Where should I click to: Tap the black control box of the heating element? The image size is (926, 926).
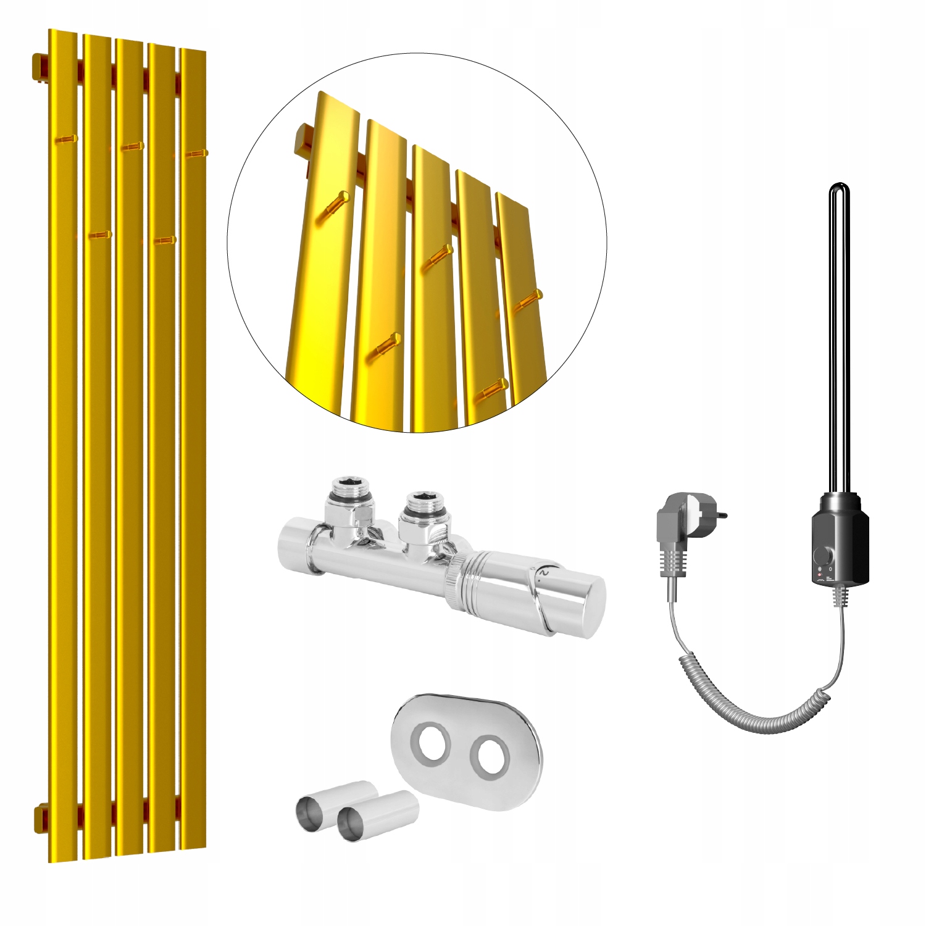pyautogui.click(x=840, y=537)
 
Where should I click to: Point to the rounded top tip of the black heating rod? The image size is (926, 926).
pyautogui.click(x=838, y=188)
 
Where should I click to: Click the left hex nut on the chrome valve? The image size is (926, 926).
pyautogui.click(x=352, y=491)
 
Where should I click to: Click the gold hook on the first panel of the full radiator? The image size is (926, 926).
pyautogui.click(x=66, y=140)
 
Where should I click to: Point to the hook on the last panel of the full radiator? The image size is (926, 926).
pyautogui.click(x=196, y=153)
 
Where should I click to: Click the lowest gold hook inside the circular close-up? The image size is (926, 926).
pyautogui.click(x=494, y=389)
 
